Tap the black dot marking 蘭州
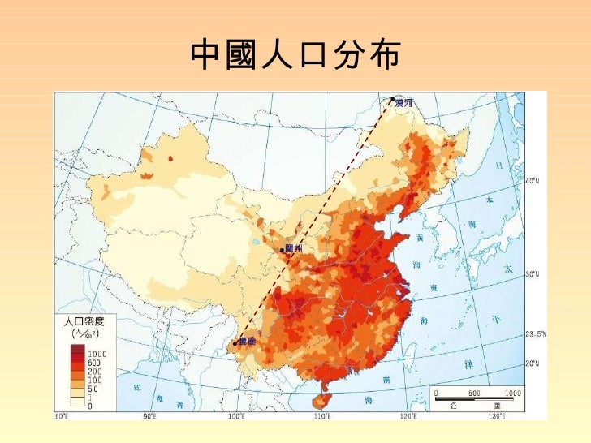pos(282,251)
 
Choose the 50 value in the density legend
pos(94,389)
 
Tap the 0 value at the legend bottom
pos(90,405)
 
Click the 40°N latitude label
pos(533,181)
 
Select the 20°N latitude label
pos(532,363)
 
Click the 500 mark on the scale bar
pos(475,393)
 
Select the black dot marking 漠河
pos(392,99)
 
